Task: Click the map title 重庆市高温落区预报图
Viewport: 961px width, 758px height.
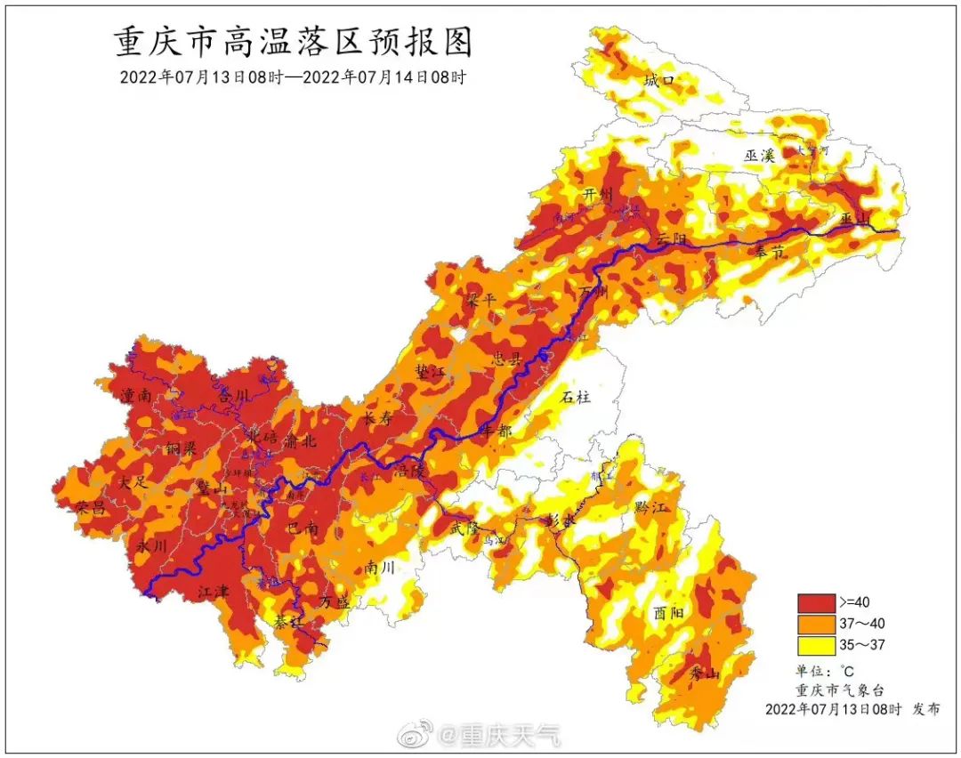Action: click(x=293, y=41)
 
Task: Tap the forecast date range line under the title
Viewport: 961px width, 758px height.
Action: click(x=293, y=77)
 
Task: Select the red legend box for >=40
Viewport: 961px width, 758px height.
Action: click(x=816, y=602)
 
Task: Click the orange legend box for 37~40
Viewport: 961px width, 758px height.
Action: click(x=816, y=623)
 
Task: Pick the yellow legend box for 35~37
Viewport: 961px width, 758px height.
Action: click(x=816, y=643)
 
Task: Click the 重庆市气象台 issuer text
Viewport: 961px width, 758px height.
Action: click(x=840, y=690)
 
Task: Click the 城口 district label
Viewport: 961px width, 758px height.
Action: click(x=659, y=81)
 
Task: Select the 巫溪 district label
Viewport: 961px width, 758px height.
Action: click(x=761, y=155)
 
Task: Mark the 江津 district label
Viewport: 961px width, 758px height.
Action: click(x=214, y=590)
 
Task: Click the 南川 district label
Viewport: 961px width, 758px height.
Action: click(x=380, y=568)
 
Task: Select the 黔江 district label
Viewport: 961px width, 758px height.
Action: click(x=650, y=507)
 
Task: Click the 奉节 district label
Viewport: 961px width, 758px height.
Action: click(x=770, y=252)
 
